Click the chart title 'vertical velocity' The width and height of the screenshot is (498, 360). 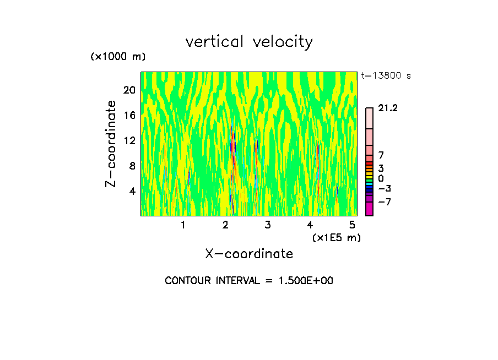coord(249,42)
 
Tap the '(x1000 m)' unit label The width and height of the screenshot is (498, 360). coord(117,57)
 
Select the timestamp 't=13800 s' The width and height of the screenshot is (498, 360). coord(386,76)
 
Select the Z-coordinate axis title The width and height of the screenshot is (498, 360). coord(111,144)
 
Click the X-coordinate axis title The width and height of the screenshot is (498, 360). coord(249,254)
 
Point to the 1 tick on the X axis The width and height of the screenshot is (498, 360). coord(183,225)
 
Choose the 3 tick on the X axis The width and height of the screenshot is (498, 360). coord(267,225)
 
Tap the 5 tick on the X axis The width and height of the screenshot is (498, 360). coord(352,225)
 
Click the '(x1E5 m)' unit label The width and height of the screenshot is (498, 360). coord(336,237)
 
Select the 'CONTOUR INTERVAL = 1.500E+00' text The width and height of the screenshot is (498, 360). coord(249,281)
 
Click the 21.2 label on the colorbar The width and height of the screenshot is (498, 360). coord(388,108)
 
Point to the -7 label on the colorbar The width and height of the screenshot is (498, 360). coord(385,202)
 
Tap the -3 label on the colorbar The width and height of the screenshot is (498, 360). coord(385,188)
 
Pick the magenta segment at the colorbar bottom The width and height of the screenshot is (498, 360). coord(369,209)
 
